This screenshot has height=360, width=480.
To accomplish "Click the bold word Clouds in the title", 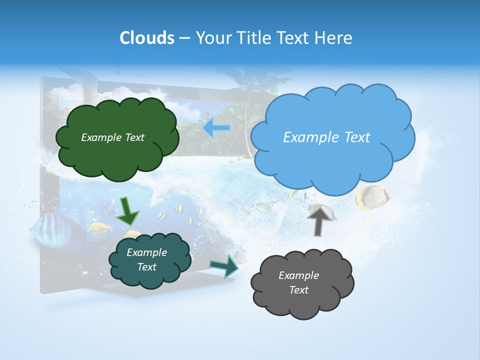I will [146, 38].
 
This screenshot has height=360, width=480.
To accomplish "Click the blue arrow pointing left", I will [216, 128].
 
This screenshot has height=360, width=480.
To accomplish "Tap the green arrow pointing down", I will [128, 211].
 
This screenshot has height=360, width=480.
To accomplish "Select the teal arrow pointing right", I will [224, 265].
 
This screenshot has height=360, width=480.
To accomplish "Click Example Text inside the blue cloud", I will [326, 137].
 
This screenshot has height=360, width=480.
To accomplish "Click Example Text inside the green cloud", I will [112, 137].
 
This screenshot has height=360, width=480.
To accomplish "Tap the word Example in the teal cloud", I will [146, 252].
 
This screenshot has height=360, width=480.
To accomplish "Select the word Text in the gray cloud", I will [298, 290].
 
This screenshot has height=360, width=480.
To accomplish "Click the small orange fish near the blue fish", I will [100, 228].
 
